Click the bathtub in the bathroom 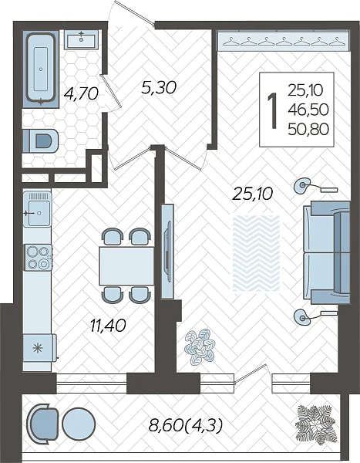41,69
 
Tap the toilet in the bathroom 41,141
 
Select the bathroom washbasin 81,39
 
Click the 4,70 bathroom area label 81,94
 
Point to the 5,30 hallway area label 159,88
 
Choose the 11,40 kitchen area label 108,326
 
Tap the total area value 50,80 308,129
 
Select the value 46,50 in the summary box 308,110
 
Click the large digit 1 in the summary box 272,110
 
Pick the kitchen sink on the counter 38,209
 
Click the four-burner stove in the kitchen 38,258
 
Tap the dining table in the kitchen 126,265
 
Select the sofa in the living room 327,252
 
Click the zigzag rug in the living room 256,253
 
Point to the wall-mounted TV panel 167,252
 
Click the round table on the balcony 79,424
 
